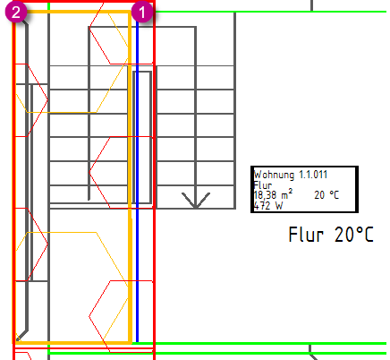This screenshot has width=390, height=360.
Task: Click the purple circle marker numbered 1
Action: pos(142,12)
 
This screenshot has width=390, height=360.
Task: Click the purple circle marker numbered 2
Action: pos(16,12)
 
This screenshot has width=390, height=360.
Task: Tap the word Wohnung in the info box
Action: pos(274,175)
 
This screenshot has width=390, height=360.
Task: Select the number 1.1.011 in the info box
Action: pos(313,175)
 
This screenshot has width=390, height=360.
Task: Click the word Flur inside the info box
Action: pos(263,184)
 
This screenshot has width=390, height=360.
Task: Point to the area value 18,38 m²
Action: pos(273,194)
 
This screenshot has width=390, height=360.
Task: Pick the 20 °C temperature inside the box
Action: pos(326,195)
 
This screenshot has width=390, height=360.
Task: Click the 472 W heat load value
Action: pos(268,205)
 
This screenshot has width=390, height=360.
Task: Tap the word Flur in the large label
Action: pos(306,234)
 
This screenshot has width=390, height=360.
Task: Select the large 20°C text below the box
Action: pos(354,234)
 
